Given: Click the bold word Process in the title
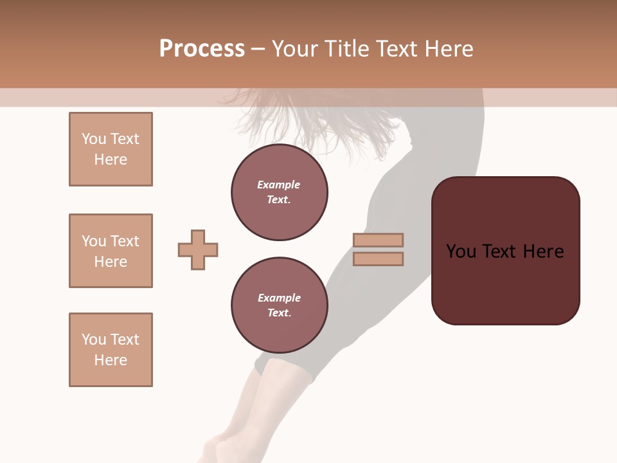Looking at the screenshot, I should click(x=202, y=49).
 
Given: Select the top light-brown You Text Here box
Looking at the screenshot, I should click(x=111, y=149).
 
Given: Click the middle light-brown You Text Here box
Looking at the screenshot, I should click(x=111, y=251).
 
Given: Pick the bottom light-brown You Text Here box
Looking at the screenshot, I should click(x=111, y=350).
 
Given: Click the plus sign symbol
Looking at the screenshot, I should click(x=198, y=250).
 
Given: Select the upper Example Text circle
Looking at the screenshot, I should click(x=280, y=192).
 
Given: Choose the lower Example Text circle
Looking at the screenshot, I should click(x=280, y=305).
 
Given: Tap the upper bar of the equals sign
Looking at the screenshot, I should click(x=378, y=240).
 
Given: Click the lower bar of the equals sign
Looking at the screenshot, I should click(x=378, y=259).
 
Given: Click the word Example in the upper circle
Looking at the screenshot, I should click(x=279, y=185).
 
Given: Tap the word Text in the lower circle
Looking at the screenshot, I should click(x=279, y=313).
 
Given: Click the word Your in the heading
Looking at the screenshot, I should click(x=294, y=49).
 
